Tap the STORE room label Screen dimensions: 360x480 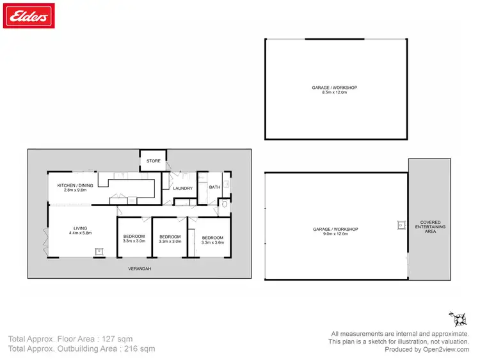coord(154,160)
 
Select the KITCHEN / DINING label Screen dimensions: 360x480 coord(76,185)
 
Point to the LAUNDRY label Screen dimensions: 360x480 coord(183,188)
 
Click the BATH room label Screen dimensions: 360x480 coord(214,187)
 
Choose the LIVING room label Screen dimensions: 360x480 coord(80,228)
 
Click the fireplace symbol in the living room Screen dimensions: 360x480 coord(99,251)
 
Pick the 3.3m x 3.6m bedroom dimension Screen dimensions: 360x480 coord(212,242)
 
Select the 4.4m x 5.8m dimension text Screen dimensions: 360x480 coord(80,233)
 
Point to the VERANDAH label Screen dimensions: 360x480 coord(139,269)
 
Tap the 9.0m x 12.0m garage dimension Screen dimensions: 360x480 coord(335,234)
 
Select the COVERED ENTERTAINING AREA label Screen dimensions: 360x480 coord(430,226)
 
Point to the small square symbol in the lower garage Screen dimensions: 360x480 coord(401,225)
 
